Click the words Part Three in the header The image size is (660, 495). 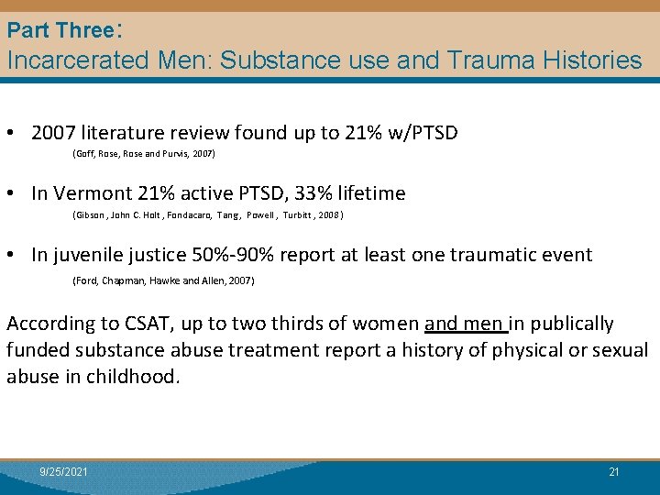pyautogui.click(x=59, y=30)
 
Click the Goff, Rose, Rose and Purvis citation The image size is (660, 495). pyautogui.click(x=143, y=154)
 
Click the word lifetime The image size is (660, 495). pyautogui.click(x=371, y=193)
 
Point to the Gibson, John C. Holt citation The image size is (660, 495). pyautogui.click(x=207, y=215)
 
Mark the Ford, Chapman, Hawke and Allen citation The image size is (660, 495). pyautogui.click(x=162, y=280)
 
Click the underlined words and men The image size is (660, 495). pyautogui.click(x=465, y=324)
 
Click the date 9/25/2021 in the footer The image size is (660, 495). pyautogui.click(x=64, y=472)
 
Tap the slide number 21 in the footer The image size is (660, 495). pyautogui.click(x=614, y=472)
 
